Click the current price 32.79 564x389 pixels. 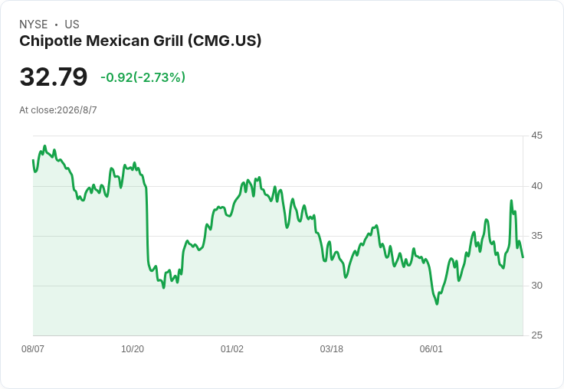coord(54,77)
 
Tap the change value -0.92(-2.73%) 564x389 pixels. coord(143,77)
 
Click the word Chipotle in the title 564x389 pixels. coord(51,41)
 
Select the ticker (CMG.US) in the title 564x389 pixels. coord(225,41)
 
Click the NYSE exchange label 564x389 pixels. coord(34,25)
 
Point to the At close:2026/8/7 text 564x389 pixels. coord(58,110)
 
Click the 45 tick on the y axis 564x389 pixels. coord(536,136)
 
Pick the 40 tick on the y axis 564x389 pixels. coord(536,186)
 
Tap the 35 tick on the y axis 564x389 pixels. coord(536,236)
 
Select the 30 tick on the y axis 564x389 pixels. coord(536,286)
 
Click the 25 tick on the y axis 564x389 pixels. coord(536,335)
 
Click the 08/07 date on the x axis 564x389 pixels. coord(33,348)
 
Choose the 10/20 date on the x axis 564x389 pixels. coord(133,348)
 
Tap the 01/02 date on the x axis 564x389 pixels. coord(232,348)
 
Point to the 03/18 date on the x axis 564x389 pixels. coord(332,348)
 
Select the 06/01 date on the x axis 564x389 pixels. coord(431,348)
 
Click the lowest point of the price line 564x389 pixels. coord(437,304)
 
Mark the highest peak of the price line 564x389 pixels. coord(44,146)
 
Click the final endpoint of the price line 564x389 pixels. coord(523,257)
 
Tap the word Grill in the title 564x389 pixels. coord(169,41)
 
